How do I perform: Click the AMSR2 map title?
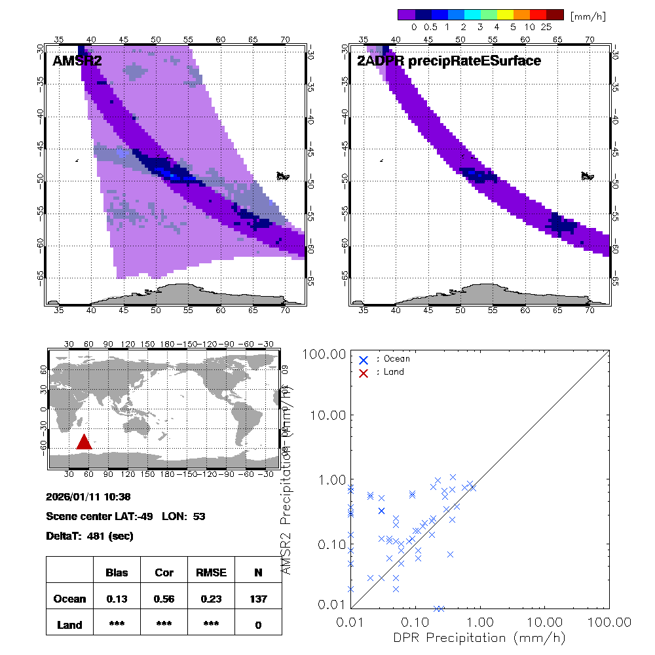75,62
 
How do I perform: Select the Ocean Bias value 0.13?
117,599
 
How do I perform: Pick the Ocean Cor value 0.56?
164,599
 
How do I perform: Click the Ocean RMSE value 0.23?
211,599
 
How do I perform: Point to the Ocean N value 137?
258,599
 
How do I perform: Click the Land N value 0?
258,625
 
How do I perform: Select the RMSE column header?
211,572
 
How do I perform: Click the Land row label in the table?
70,625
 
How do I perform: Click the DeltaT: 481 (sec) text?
90,536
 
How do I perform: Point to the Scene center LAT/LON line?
126,516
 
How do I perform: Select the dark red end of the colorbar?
555,14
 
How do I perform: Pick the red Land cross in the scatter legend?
364,372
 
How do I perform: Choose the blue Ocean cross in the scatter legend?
364,360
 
